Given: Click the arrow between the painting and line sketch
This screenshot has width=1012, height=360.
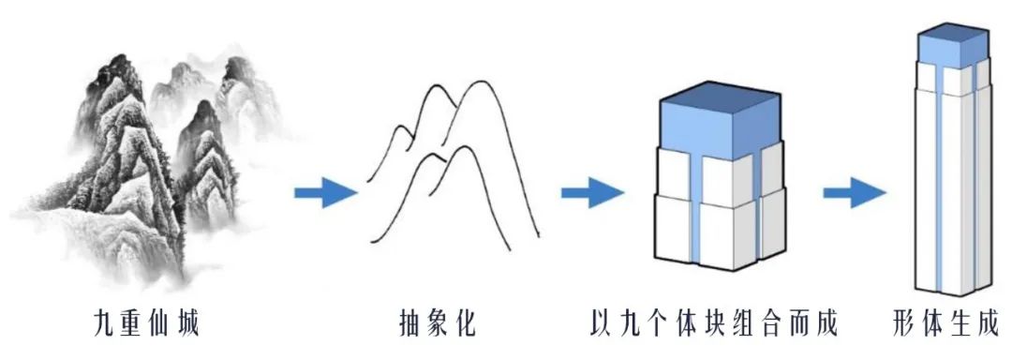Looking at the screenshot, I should pos(325,193).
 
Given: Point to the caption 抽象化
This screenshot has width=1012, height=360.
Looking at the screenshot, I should pos(438,324).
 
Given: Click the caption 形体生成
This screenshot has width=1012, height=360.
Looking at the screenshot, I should pos(945,324).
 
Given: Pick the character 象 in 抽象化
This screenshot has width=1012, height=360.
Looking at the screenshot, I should pos(438,324).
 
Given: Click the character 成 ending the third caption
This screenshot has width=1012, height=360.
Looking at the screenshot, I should pos(823,324).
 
